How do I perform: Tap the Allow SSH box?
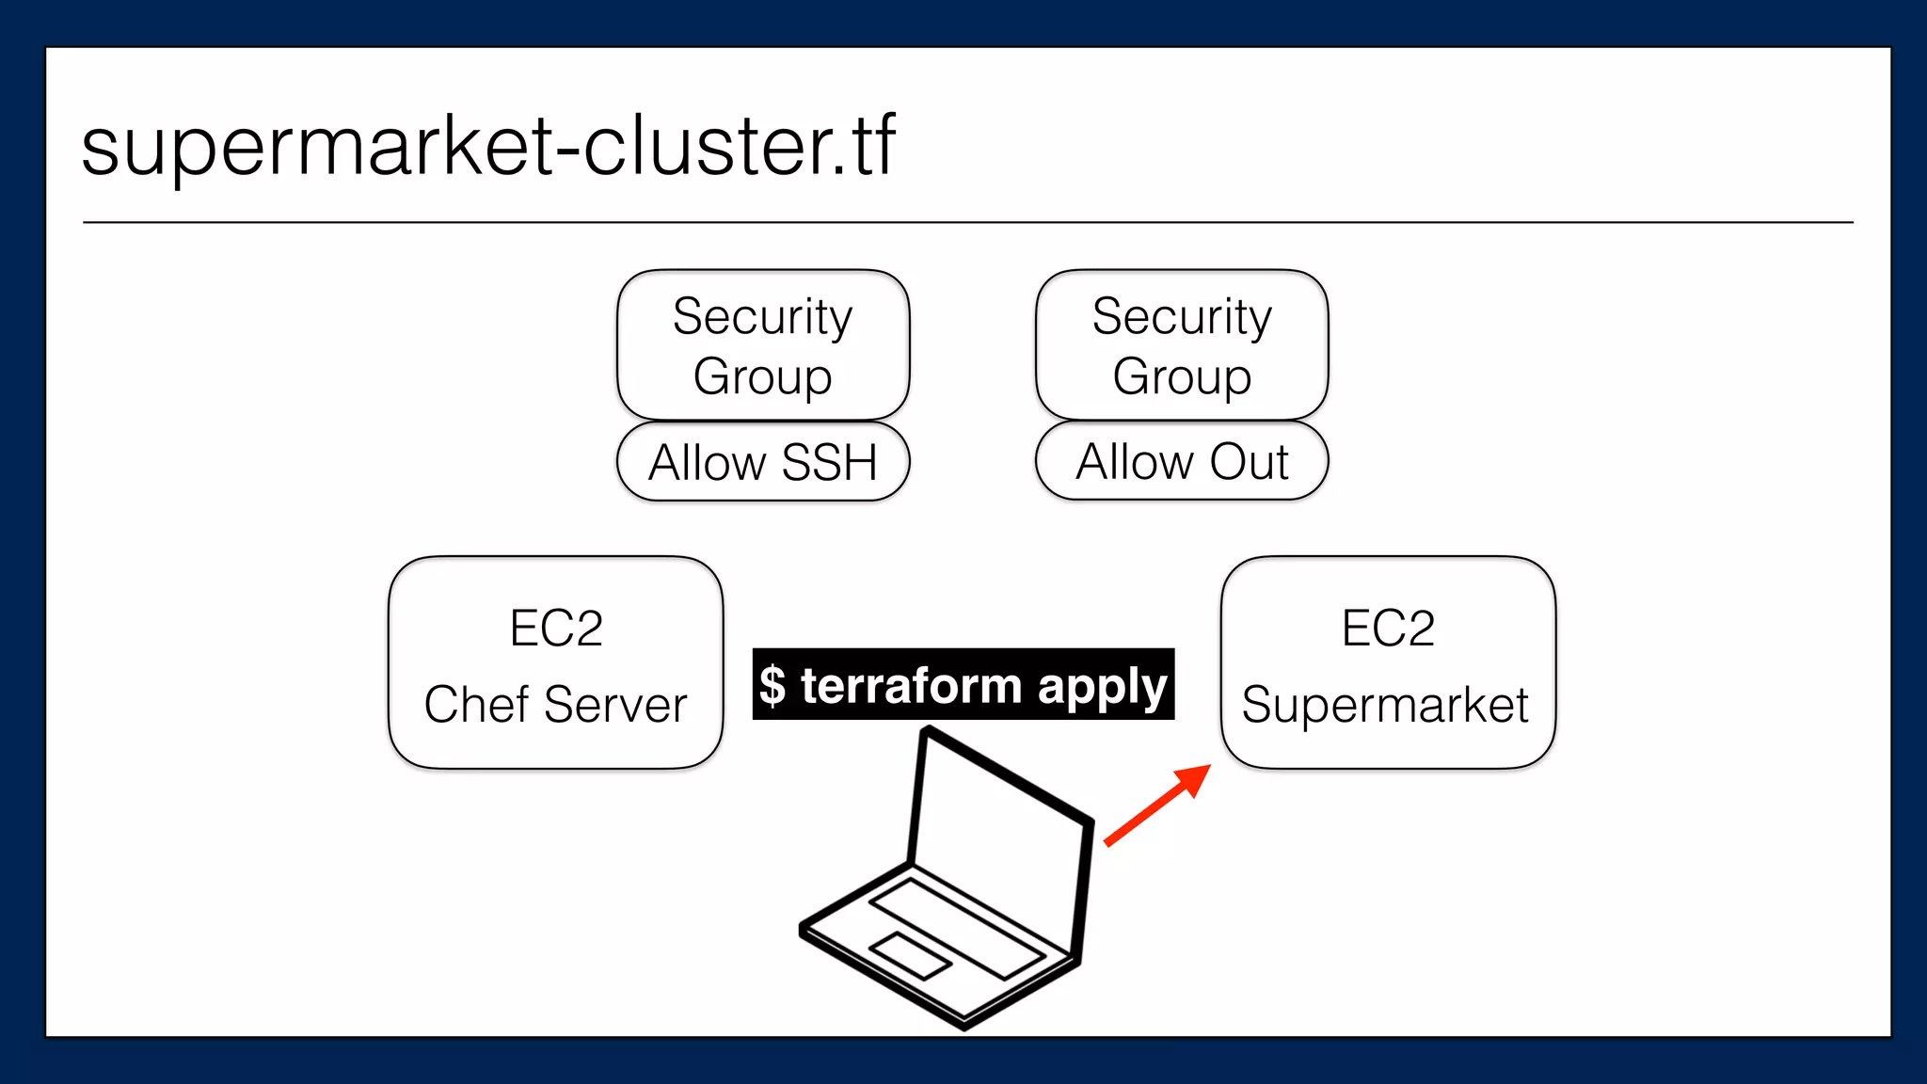(x=763, y=462)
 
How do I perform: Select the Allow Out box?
(x=1182, y=461)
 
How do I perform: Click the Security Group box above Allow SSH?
(x=763, y=344)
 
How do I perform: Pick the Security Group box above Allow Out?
(x=1182, y=344)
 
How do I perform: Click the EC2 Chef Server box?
(x=555, y=662)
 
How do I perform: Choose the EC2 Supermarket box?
(x=1388, y=662)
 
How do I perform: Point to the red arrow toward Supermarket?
(x=1157, y=805)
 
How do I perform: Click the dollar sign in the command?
(x=772, y=685)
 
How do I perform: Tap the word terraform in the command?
(x=911, y=684)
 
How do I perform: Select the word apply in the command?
(x=1102, y=686)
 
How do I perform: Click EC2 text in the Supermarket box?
(x=1388, y=628)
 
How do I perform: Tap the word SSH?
(x=829, y=462)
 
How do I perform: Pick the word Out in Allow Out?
(x=1249, y=461)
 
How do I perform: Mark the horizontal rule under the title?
(x=967, y=223)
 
